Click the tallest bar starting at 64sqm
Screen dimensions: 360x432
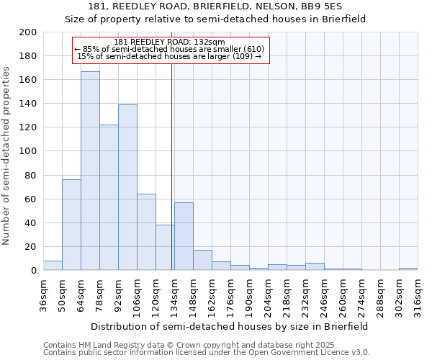click(x=90, y=171)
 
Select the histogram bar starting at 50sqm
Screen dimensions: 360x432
click(x=71, y=225)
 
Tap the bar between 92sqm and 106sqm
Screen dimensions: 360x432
click(x=127, y=187)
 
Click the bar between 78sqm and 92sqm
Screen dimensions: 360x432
click(x=109, y=197)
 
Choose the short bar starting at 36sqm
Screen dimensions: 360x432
click(x=53, y=266)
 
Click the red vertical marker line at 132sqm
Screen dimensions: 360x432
click(x=171, y=180)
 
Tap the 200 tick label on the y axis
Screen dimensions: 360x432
click(x=28, y=32)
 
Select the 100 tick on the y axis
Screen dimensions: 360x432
click(x=28, y=151)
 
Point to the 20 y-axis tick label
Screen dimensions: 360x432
click(x=31, y=246)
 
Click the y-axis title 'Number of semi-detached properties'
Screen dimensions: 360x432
click(x=7, y=156)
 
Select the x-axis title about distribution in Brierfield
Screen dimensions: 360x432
click(x=230, y=326)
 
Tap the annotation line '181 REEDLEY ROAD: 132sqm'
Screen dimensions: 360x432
click(x=170, y=42)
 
